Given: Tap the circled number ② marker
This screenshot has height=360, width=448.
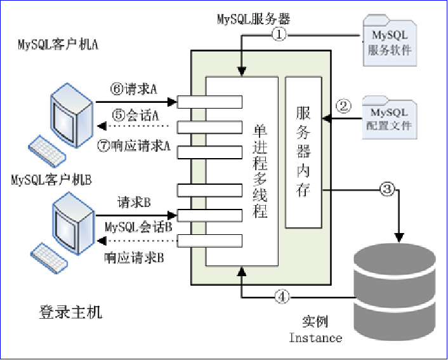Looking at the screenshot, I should click(x=343, y=105).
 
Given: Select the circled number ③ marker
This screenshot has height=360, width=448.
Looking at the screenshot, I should click(x=387, y=188).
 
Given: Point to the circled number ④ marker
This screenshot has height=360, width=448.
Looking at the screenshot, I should click(x=284, y=295).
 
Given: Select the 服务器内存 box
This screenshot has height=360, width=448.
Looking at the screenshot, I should click(x=303, y=152).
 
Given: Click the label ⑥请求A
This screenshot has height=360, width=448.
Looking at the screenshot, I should click(x=133, y=90).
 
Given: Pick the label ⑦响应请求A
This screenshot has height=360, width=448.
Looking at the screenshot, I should click(x=135, y=143).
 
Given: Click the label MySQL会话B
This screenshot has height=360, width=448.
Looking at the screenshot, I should click(x=138, y=227).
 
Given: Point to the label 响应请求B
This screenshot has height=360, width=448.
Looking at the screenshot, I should click(x=134, y=258).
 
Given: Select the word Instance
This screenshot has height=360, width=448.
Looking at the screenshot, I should click(x=315, y=337).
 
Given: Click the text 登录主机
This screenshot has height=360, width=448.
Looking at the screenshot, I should click(x=70, y=312).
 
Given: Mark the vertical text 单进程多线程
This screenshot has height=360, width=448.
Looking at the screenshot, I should click(x=260, y=171).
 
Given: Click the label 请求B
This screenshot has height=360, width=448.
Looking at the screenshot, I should click(x=134, y=203).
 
